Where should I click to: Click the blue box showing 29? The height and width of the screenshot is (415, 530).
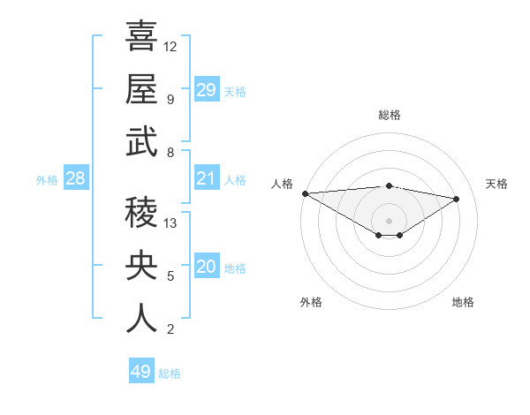pyautogui.click(x=206, y=90)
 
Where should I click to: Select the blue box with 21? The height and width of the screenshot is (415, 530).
pyautogui.click(x=206, y=179)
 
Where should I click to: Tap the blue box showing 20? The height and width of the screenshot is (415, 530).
pyautogui.click(x=206, y=268)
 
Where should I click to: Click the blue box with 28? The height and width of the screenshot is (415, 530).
pyautogui.click(x=75, y=179)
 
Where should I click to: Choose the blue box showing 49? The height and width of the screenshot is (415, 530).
pyautogui.click(x=141, y=372)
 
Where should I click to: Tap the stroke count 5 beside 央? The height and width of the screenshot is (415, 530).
pyautogui.click(x=170, y=276)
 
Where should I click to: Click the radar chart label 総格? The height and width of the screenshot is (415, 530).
pyautogui.click(x=389, y=115)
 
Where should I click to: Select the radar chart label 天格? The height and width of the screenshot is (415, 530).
pyautogui.click(x=496, y=184)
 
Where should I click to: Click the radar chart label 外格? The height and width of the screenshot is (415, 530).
pyautogui.click(x=311, y=302)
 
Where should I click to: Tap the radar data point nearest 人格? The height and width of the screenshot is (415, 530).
pyautogui.click(x=305, y=193)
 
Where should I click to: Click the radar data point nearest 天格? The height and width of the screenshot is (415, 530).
pyautogui.click(x=457, y=199)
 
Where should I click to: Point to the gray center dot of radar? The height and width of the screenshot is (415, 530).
pyautogui.click(x=389, y=219)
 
